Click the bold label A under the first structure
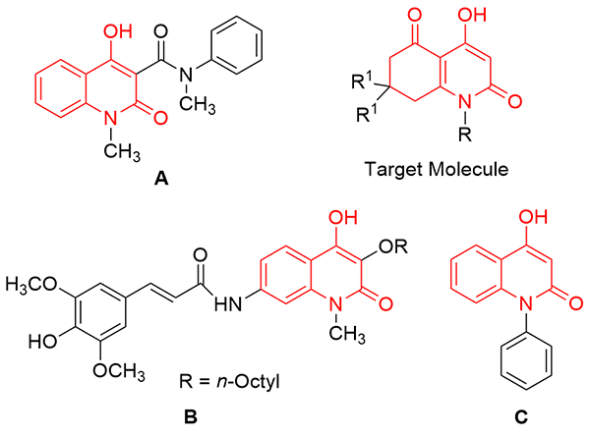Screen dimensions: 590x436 [161, 178]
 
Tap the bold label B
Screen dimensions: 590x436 [191, 416]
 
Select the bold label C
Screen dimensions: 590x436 [521, 416]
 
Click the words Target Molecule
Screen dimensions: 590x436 [437, 169]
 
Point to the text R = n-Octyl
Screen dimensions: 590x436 [229, 382]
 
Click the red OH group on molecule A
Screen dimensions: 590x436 [118, 31]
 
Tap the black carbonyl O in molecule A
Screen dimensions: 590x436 [160, 31]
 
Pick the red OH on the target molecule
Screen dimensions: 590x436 [472, 15]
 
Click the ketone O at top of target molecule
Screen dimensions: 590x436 [414, 15]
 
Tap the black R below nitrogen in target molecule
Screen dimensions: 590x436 [465, 134]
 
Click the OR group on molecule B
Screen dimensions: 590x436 [393, 246]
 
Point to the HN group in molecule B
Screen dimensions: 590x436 [228, 303]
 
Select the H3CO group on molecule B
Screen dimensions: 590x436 [31, 285]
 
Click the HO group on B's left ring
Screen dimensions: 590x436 [43, 342]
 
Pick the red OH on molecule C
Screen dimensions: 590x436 [533, 217]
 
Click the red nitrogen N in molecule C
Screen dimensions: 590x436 [526, 303]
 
